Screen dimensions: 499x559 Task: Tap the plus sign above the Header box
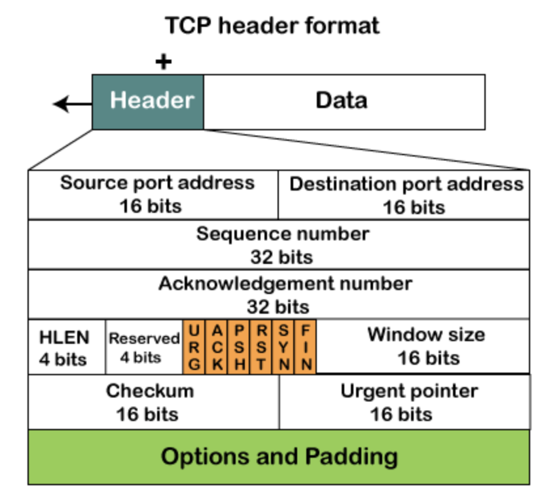coord(164,62)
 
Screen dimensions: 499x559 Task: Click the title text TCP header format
coord(272,26)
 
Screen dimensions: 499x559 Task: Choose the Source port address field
coord(153,194)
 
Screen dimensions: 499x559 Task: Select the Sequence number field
coord(279,245)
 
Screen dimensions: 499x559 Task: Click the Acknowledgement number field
coord(279,294)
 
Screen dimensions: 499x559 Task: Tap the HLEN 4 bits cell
coord(66,347)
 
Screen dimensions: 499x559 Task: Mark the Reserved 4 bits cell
coord(144,347)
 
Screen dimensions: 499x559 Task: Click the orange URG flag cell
coord(194,347)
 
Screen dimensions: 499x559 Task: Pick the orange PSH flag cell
coord(240,347)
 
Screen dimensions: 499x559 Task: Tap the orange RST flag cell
coord(262,347)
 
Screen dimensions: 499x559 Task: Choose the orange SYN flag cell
coord(284,347)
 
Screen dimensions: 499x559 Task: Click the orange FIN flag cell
coord(306,347)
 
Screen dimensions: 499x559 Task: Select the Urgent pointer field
coord(404,402)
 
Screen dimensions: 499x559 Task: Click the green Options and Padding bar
coord(279,456)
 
